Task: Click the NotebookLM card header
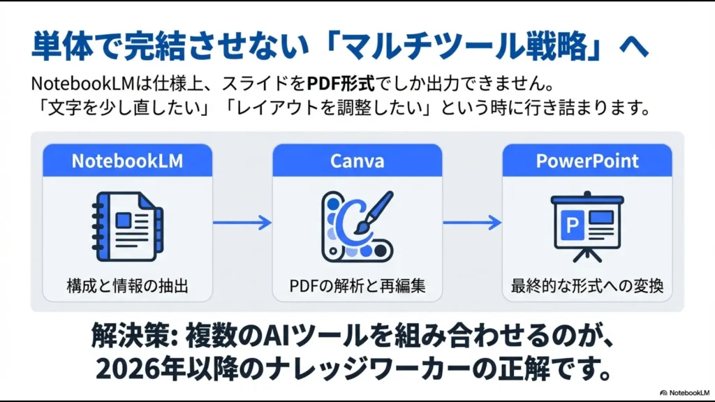[x=127, y=161]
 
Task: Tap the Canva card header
[x=357, y=161]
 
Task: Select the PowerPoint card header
[x=587, y=161]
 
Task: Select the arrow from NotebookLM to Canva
[x=242, y=223]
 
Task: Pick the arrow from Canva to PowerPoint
[x=472, y=223]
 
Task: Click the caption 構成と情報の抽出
[x=127, y=285]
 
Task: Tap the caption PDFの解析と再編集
[x=357, y=285]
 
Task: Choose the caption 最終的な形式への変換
[x=587, y=285]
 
